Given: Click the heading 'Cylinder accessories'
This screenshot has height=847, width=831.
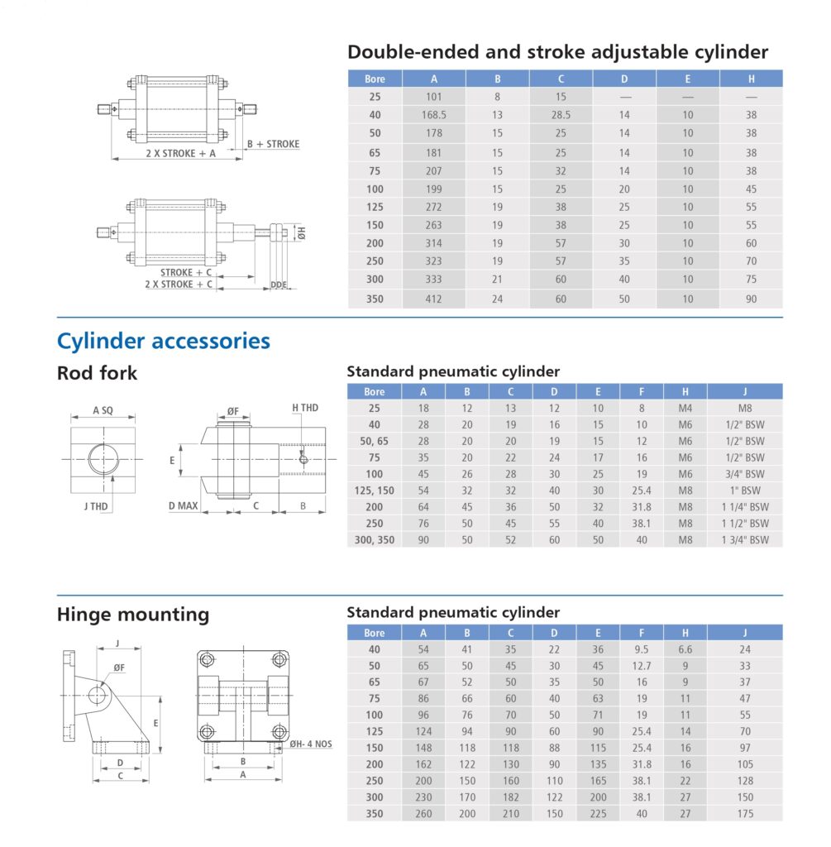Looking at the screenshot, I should [163, 341].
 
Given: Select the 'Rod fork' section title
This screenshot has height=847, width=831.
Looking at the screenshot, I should [97, 373].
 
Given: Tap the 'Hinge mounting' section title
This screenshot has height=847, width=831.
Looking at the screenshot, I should [132, 615].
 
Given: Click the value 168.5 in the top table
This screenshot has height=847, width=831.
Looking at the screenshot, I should [433, 116].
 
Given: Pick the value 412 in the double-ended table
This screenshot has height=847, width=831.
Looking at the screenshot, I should [433, 299].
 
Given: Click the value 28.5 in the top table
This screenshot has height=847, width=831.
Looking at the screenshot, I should [561, 116].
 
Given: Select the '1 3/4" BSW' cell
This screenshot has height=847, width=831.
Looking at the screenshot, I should [744, 540].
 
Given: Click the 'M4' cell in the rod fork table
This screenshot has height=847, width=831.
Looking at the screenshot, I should [685, 408].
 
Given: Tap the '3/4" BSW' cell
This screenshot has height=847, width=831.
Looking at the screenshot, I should [744, 474].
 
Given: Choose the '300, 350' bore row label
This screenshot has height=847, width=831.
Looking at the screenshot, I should [375, 540].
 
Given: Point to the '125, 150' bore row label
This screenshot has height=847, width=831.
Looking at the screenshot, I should [375, 490].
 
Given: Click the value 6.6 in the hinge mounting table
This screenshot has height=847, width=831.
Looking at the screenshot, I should [685, 649].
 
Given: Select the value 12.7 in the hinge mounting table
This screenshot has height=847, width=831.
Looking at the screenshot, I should [642, 666].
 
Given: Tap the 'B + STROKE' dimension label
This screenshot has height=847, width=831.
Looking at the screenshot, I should [274, 144].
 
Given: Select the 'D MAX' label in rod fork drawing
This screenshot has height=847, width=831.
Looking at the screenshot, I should [184, 505].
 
